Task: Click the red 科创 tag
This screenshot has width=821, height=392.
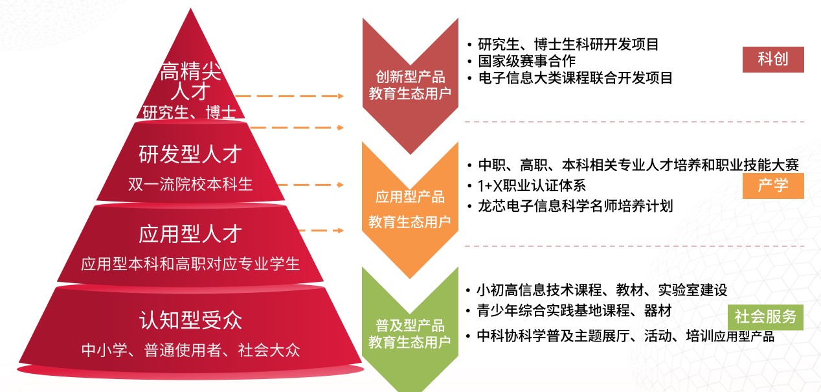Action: tap(773, 60)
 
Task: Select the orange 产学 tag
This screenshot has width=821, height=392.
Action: tap(773, 185)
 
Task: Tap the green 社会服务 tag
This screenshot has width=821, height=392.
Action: tap(765, 317)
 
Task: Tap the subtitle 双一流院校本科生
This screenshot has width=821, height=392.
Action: tap(190, 184)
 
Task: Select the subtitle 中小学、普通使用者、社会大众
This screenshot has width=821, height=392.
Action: tap(190, 351)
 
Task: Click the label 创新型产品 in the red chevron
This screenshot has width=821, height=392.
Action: tap(410, 76)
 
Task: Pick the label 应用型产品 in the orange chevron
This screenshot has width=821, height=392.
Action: tap(410, 196)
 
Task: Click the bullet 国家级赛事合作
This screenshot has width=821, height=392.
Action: tap(526, 62)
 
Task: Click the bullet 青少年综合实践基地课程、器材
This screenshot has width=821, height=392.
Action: tap(574, 311)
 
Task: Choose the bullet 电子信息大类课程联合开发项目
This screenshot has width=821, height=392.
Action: tap(575, 78)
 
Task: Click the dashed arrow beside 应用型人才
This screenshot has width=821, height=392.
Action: tap(319, 230)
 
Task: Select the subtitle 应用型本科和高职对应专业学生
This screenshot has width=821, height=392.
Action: tap(190, 264)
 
